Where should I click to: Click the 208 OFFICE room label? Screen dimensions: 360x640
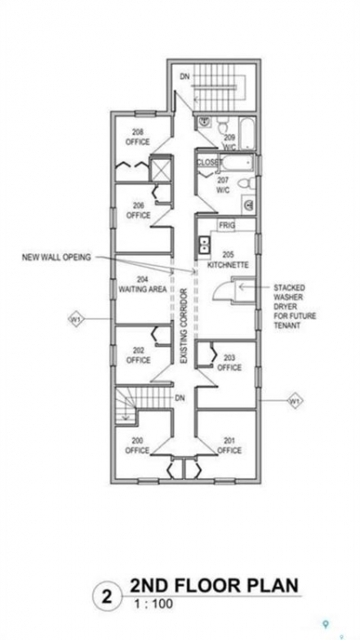point(138,137)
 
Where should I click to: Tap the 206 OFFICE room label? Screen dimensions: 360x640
point(139,211)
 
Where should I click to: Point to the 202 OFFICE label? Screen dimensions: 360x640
point(139,356)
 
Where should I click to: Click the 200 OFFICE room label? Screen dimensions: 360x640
point(137,445)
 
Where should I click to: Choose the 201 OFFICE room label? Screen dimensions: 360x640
point(229,445)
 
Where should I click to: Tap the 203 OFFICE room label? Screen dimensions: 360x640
point(229,363)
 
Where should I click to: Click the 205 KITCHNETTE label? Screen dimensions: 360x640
point(228,260)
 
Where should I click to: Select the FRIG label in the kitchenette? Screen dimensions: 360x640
point(228,225)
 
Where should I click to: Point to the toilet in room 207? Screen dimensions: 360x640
point(246,184)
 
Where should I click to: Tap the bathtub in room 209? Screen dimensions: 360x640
point(246,133)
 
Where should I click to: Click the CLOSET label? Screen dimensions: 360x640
point(210,162)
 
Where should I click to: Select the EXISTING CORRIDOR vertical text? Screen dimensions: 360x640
point(184,326)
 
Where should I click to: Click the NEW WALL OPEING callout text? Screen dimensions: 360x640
point(56,257)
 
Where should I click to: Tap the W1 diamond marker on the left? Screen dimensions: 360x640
point(76,318)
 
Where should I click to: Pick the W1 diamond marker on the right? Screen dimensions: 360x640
point(295,400)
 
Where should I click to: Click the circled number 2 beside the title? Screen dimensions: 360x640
point(107,597)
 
